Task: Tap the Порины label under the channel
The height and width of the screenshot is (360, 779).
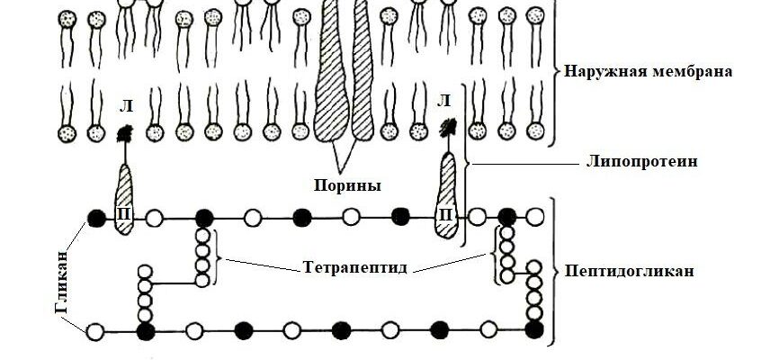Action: click(346, 186)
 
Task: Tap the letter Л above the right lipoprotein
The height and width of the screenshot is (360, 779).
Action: click(443, 101)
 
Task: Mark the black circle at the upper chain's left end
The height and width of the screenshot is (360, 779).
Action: click(96, 217)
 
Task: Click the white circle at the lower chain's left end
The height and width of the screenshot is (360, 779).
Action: click(95, 331)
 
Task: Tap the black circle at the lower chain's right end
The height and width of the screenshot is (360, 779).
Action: click(534, 330)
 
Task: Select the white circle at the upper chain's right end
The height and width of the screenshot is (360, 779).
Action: click(536, 217)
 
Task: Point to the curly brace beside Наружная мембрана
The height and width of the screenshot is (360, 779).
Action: click(556, 70)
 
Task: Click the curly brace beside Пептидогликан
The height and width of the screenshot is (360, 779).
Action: click(556, 271)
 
